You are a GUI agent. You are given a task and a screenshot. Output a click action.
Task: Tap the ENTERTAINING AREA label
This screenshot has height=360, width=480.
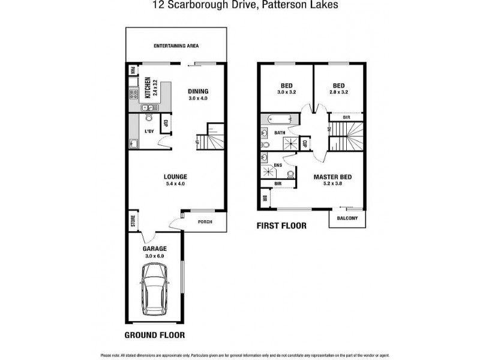click(x=176, y=46)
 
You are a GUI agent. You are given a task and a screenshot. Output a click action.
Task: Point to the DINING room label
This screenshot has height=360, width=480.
click(x=197, y=91)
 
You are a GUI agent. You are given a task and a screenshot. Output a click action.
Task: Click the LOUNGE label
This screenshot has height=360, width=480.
click(x=176, y=176)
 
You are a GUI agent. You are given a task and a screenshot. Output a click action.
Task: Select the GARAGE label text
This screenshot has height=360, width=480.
click(x=154, y=248)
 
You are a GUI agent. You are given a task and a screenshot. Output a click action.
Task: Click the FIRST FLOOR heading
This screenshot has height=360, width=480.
click(x=281, y=226)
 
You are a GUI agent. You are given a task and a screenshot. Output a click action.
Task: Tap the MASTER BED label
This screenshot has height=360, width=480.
click(x=332, y=177)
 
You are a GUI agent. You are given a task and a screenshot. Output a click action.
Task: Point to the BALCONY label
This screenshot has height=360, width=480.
click(x=347, y=218)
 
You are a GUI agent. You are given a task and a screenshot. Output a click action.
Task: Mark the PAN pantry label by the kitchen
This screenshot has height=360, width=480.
click(x=133, y=70)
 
